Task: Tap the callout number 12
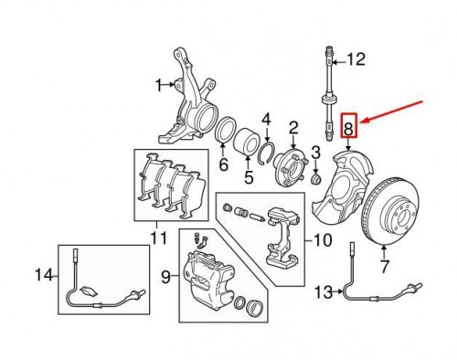(x=356, y=60)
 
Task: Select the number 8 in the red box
(x=349, y=126)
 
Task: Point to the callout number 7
(x=384, y=268)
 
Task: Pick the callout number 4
(x=268, y=120)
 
